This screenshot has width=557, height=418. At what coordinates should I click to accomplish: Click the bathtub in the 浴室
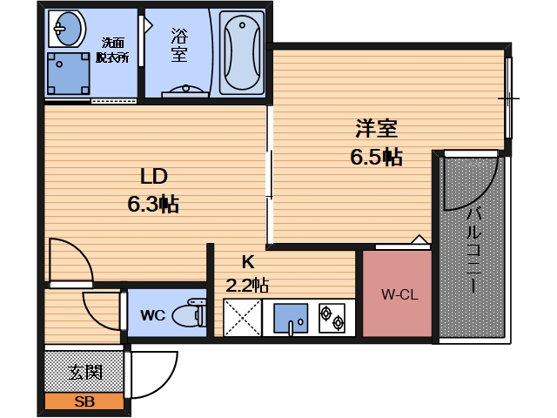click(242, 52)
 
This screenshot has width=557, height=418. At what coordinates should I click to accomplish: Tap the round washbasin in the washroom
click(67, 29)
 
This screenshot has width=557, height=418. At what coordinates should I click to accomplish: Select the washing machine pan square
click(68, 73)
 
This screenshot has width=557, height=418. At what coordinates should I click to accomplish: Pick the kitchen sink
click(291, 319)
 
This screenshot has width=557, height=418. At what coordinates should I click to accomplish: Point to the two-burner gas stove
click(332, 318)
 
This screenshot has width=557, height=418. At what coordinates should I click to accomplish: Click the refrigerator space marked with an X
click(242, 318)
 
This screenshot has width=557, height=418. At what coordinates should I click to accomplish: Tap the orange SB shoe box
click(84, 401)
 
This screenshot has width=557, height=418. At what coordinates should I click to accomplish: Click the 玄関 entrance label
click(85, 373)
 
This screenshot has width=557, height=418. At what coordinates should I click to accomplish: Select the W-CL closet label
click(399, 294)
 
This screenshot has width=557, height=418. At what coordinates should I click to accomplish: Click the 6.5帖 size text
click(376, 157)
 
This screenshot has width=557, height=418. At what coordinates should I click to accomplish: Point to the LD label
click(154, 176)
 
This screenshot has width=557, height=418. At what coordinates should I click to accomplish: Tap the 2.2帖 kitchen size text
click(247, 285)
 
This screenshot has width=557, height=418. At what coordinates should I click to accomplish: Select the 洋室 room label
click(377, 129)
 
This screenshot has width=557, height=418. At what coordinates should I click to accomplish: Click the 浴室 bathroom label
click(179, 45)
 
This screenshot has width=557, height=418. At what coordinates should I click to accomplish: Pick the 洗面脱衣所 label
click(112, 51)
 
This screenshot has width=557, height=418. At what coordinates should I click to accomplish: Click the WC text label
click(153, 315)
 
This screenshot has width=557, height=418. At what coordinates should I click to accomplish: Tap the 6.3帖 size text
click(153, 205)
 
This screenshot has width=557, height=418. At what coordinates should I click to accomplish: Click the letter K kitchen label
click(247, 262)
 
